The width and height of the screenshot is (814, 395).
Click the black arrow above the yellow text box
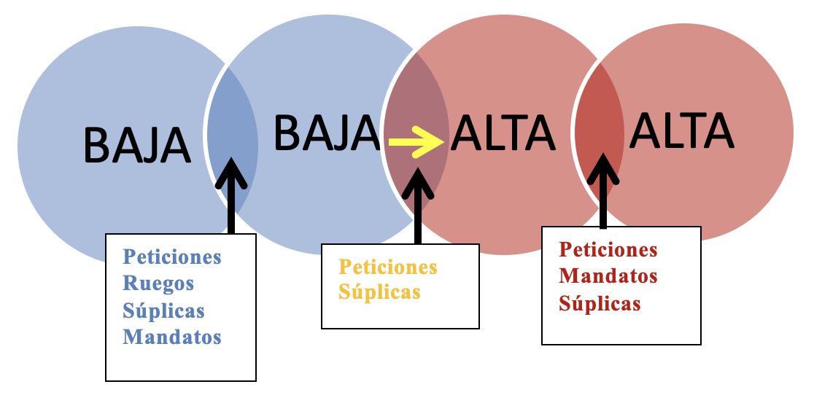pyautogui.click(x=418, y=204)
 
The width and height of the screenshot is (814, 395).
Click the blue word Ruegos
pyautogui.click(x=158, y=283)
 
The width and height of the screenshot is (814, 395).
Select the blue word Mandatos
pyautogui.click(x=172, y=337)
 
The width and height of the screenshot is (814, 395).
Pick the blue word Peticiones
pyautogui.click(x=172, y=257)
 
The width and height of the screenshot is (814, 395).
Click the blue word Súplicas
pyautogui.click(x=163, y=310)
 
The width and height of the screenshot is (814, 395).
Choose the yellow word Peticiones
pyautogui.click(x=388, y=267)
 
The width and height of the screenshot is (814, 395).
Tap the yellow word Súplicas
pyautogui.click(x=379, y=292)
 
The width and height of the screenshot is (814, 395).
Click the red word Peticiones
pyautogui.click(x=608, y=249)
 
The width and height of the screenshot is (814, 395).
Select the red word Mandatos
pyautogui.click(x=608, y=276)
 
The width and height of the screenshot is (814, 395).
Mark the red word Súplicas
pyautogui.click(x=600, y=303)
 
